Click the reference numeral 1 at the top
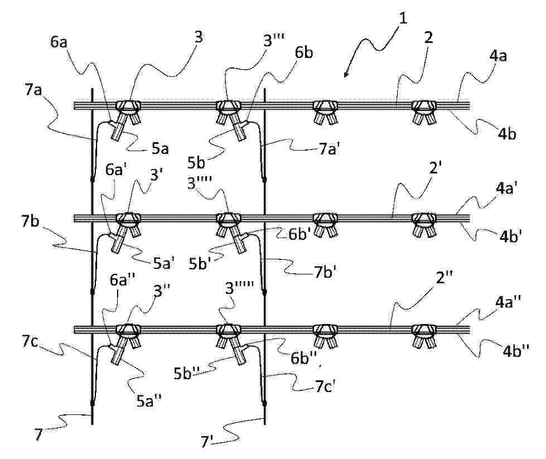tap(403, 18)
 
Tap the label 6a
tap(59, 42)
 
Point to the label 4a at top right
tap(498, 56)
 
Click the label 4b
tap(506, 134)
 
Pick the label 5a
tap(160, 149)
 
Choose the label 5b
tap(196, 163)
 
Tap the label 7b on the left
tap(30, 221)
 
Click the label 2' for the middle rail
tap(435, 168)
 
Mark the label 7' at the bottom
tap(207, 441)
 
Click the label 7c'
tap(325, 386)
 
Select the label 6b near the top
tap(304, 52)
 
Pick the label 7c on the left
tap(30, 342)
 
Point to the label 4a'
tap(506, 189)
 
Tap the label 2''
tap(444, 278)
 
